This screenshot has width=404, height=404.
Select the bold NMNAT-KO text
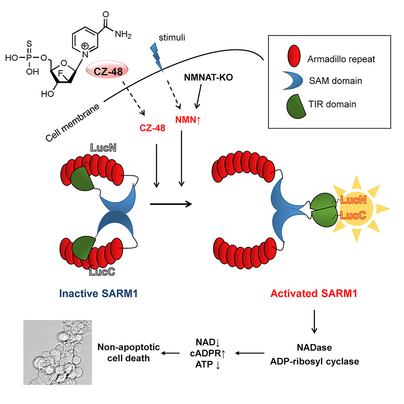coord(208,77)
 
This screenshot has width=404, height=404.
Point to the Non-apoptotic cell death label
coord(129,352)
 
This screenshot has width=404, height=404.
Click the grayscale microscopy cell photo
coord(58,352)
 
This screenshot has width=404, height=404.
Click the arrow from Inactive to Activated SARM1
coord(170,204)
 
